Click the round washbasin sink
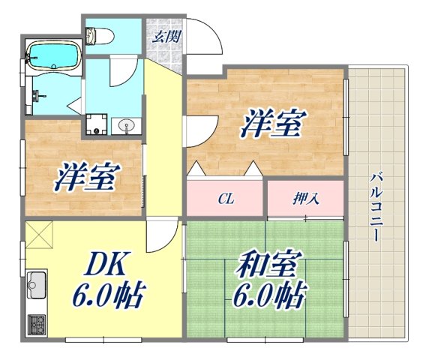click(125, 125)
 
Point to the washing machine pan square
click(96, 124)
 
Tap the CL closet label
click(226, 199)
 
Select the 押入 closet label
click(305, 199)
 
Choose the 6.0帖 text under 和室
click(268, 297)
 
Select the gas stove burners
click(36, 324)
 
